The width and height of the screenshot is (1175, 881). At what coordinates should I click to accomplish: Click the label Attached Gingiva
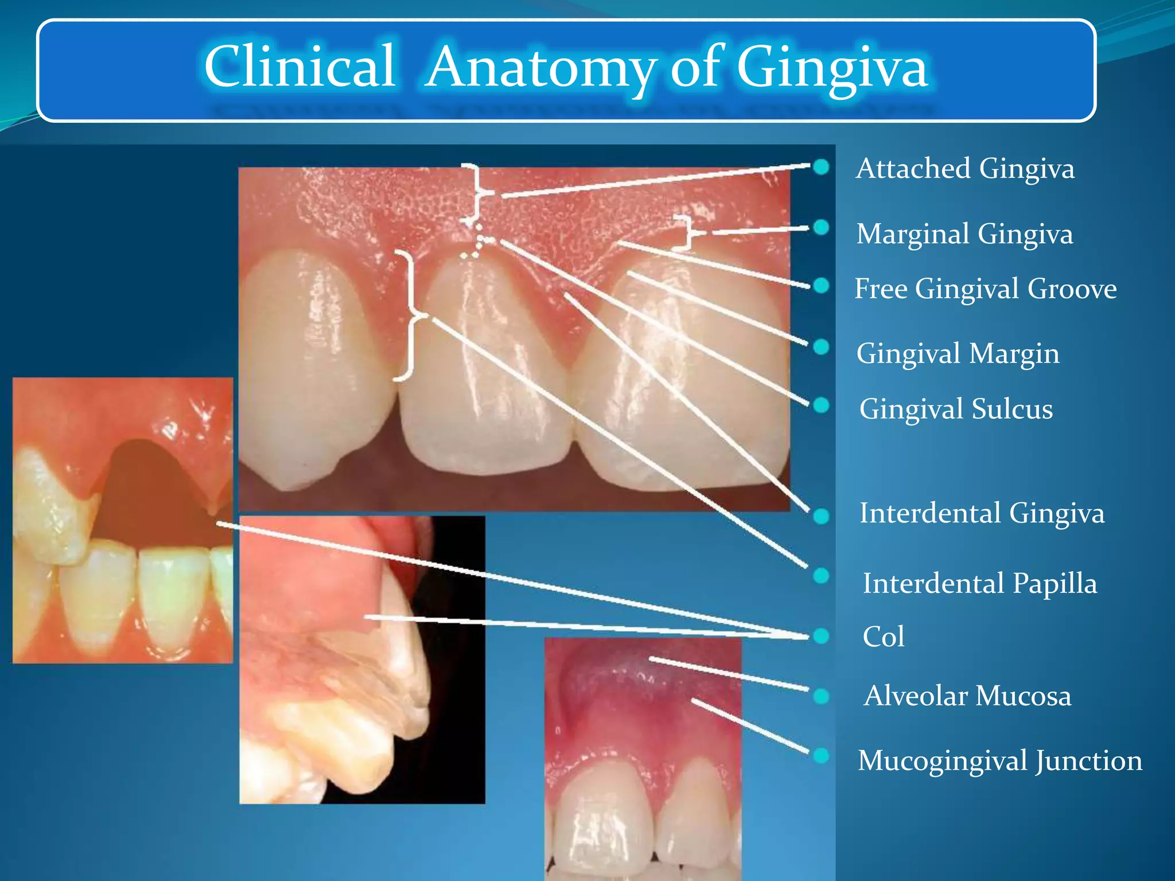965,169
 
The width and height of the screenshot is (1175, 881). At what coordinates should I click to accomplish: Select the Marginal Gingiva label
964,234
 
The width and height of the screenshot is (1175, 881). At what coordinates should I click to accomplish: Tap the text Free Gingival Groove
985,289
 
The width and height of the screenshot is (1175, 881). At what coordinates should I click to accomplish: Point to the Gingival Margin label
958,353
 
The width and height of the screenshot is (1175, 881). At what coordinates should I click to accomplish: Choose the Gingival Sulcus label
956,409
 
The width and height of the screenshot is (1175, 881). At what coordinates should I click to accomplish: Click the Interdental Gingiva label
982,513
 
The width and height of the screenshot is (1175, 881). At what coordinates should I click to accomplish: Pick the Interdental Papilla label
980,583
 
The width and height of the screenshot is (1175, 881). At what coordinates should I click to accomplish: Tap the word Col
884,637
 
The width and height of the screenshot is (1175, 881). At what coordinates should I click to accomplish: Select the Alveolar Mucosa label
967,696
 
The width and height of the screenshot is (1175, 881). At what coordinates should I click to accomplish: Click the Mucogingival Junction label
999,761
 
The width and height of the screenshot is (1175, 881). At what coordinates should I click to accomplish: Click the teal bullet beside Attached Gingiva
821,167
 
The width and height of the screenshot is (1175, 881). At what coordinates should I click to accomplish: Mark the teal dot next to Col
821,636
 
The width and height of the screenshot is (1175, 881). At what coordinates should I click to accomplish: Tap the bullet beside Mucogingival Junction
821,755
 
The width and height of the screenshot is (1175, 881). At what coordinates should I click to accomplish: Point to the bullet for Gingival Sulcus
821,405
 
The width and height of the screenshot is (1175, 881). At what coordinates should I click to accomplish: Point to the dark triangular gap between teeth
152,493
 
